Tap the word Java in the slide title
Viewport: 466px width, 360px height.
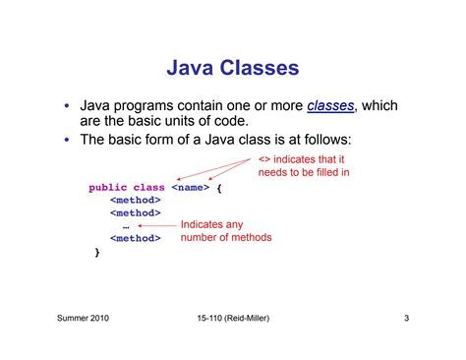click(x=193, y=69)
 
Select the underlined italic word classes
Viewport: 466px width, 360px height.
click(x=330, y=105)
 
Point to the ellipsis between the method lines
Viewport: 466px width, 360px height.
click(x=126, y=225)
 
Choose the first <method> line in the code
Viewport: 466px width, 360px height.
click(x=135, y=199)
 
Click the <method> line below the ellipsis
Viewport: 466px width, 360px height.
click(x=135, y=238)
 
